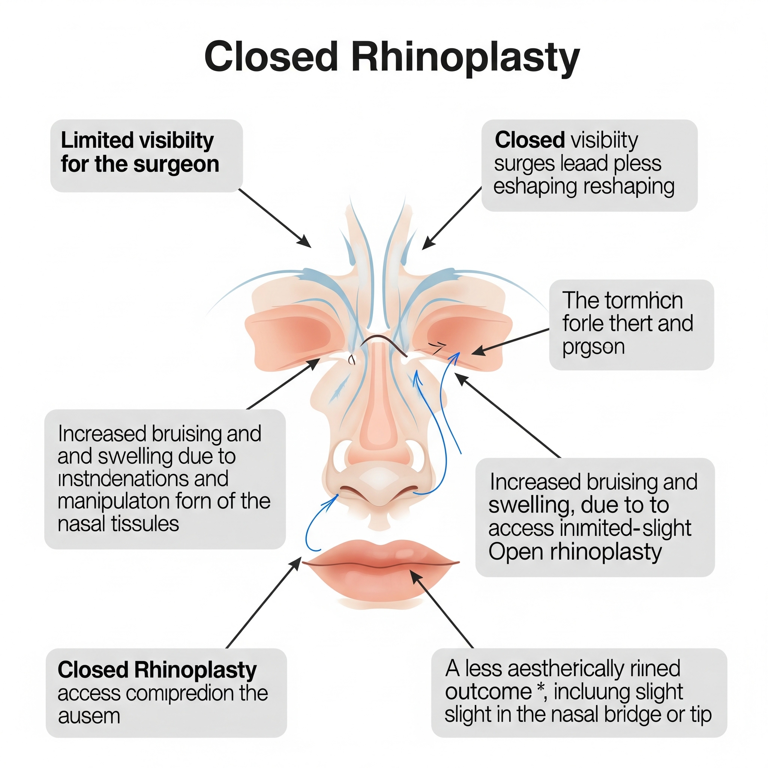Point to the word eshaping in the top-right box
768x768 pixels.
(535, 186)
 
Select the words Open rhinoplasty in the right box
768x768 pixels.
(575, 552)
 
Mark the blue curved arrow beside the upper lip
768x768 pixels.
(314, 525)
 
